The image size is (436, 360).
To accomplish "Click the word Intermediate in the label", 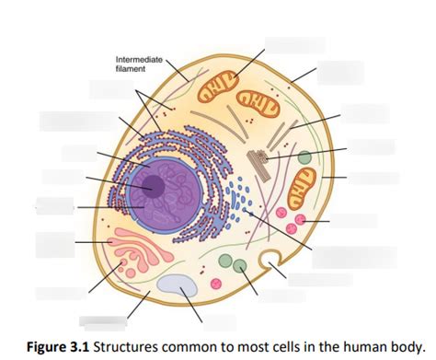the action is (x=139, y=59).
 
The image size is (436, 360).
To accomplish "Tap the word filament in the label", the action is (x=131, y=69).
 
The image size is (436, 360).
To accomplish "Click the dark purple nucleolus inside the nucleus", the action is (x=155, y=186).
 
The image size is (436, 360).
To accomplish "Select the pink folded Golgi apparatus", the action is (x=141, y=250).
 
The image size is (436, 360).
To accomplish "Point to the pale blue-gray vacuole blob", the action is (x=178, y=285).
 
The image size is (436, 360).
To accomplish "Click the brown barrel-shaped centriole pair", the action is (x=259, y=165).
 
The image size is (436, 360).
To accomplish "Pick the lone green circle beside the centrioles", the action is (x=304, y=157).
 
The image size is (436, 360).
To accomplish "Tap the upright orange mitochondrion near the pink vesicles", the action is (x=303, y=189).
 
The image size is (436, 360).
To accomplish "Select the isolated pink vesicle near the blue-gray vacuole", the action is (x=216, y=284).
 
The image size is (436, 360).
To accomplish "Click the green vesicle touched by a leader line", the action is (x=239, y=265).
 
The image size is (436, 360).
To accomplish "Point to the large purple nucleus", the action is (x=166, y=193).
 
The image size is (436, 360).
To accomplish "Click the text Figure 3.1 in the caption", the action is (x=58, y=347).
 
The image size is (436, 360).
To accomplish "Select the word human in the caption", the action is (x=362, y=347).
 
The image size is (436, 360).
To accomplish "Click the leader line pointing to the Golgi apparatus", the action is (x=94, y=242).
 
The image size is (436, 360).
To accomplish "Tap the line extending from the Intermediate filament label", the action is (x=178, y=71).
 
